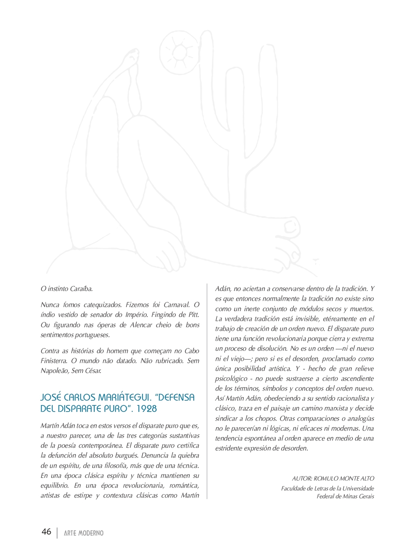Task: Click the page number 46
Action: point(46,532)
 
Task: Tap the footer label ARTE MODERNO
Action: point(84,533)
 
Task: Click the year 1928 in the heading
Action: point(147,409)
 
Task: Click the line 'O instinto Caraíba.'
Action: point(67,288)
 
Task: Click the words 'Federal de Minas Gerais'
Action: point(345,496)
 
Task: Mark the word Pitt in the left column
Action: point(194,315)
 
